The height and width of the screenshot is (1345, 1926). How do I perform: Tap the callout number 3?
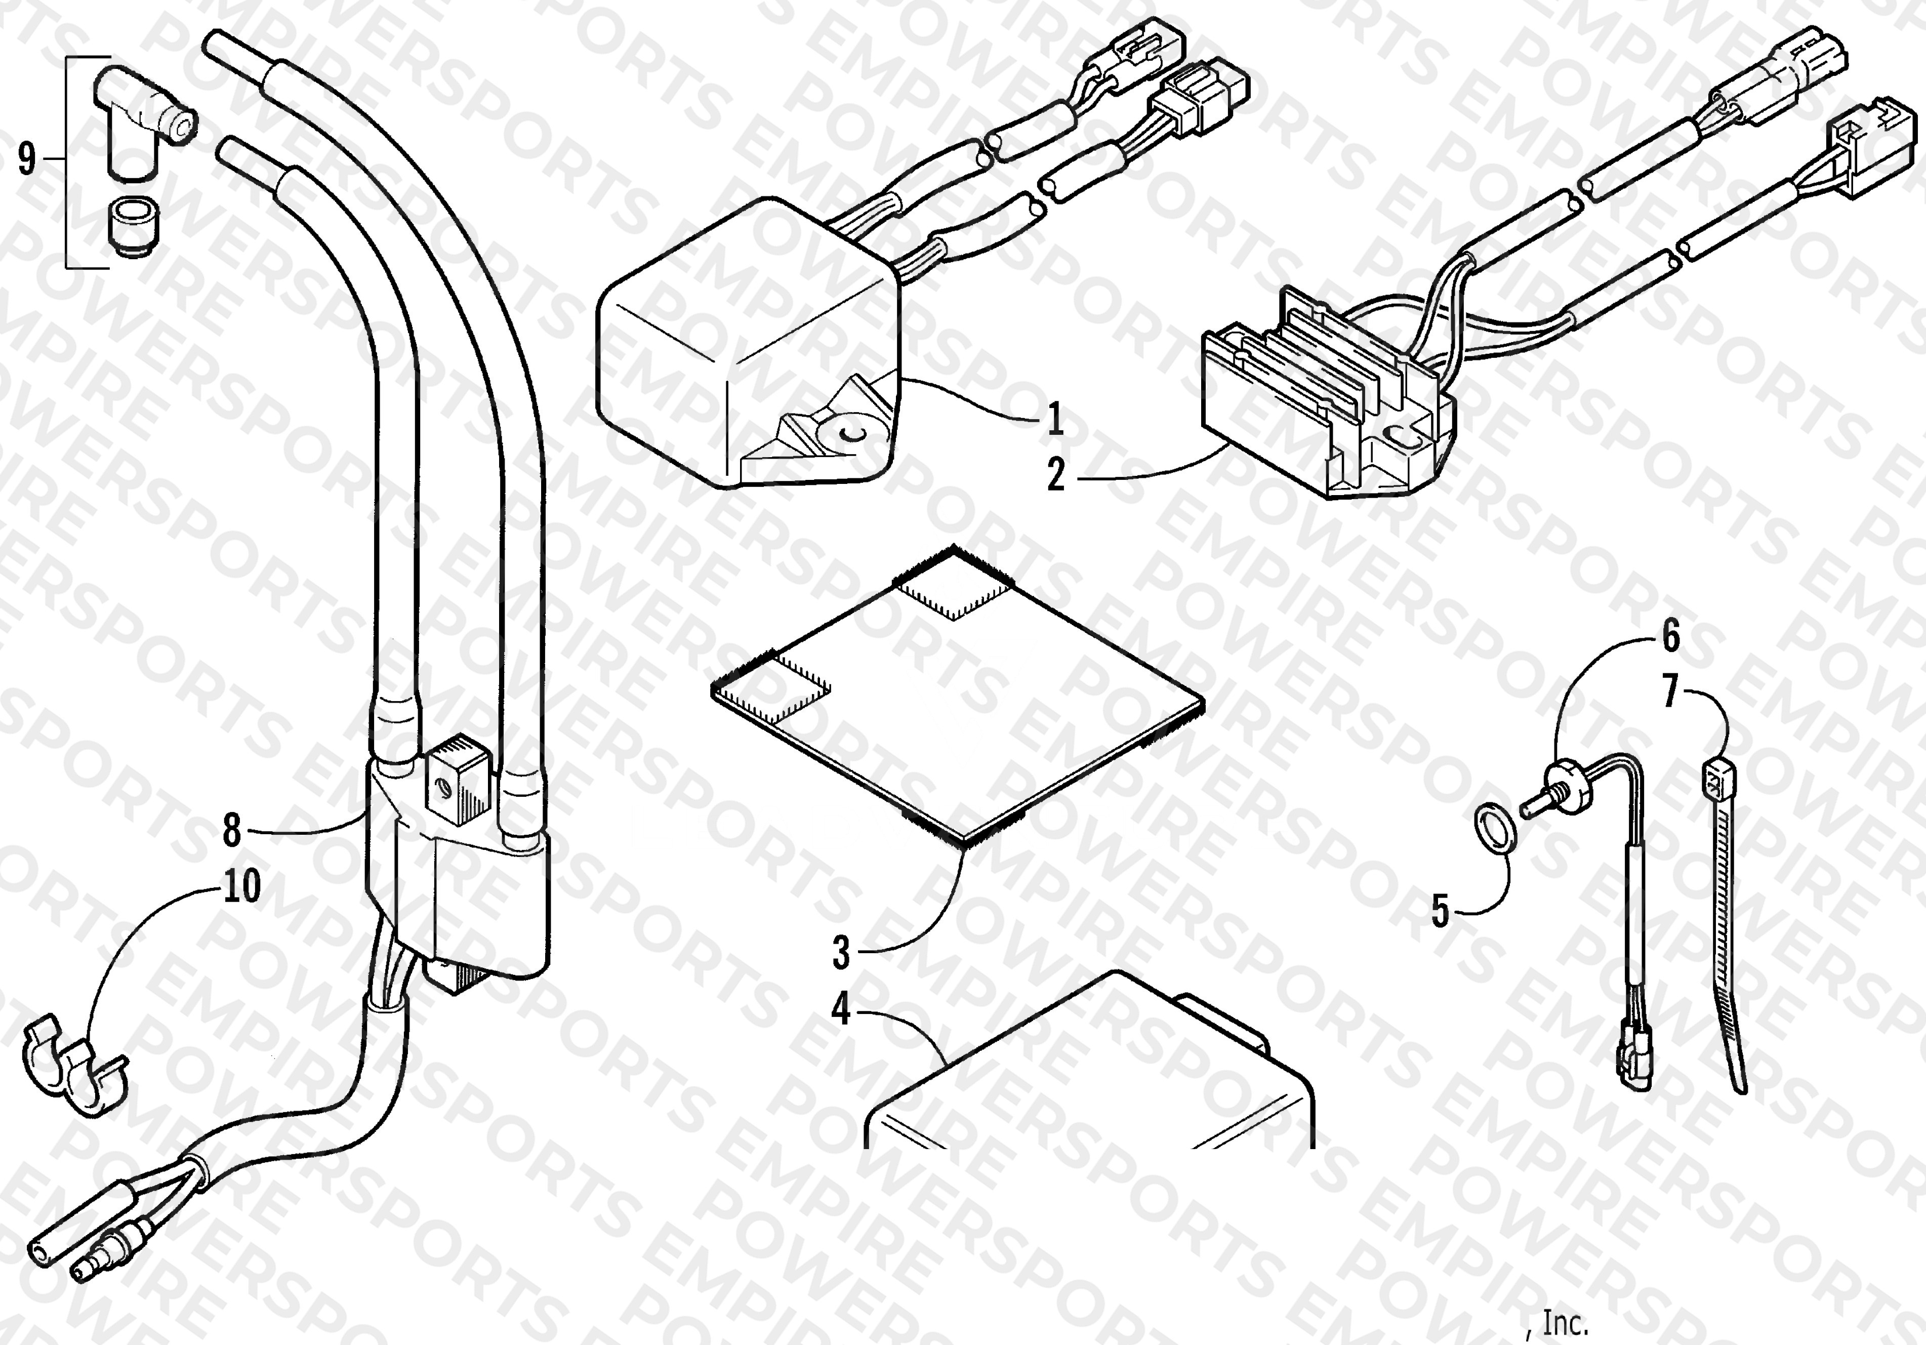pos(841,952)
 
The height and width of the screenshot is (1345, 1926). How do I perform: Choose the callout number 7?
pos(1670,693)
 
